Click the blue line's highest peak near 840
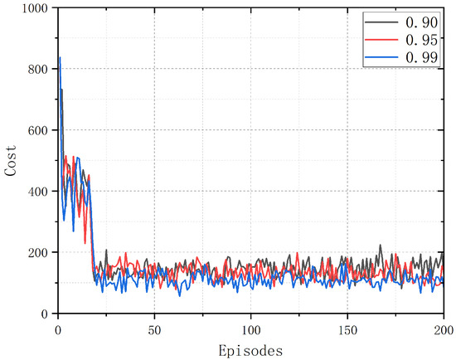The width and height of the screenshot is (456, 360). [x=60, y=57]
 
